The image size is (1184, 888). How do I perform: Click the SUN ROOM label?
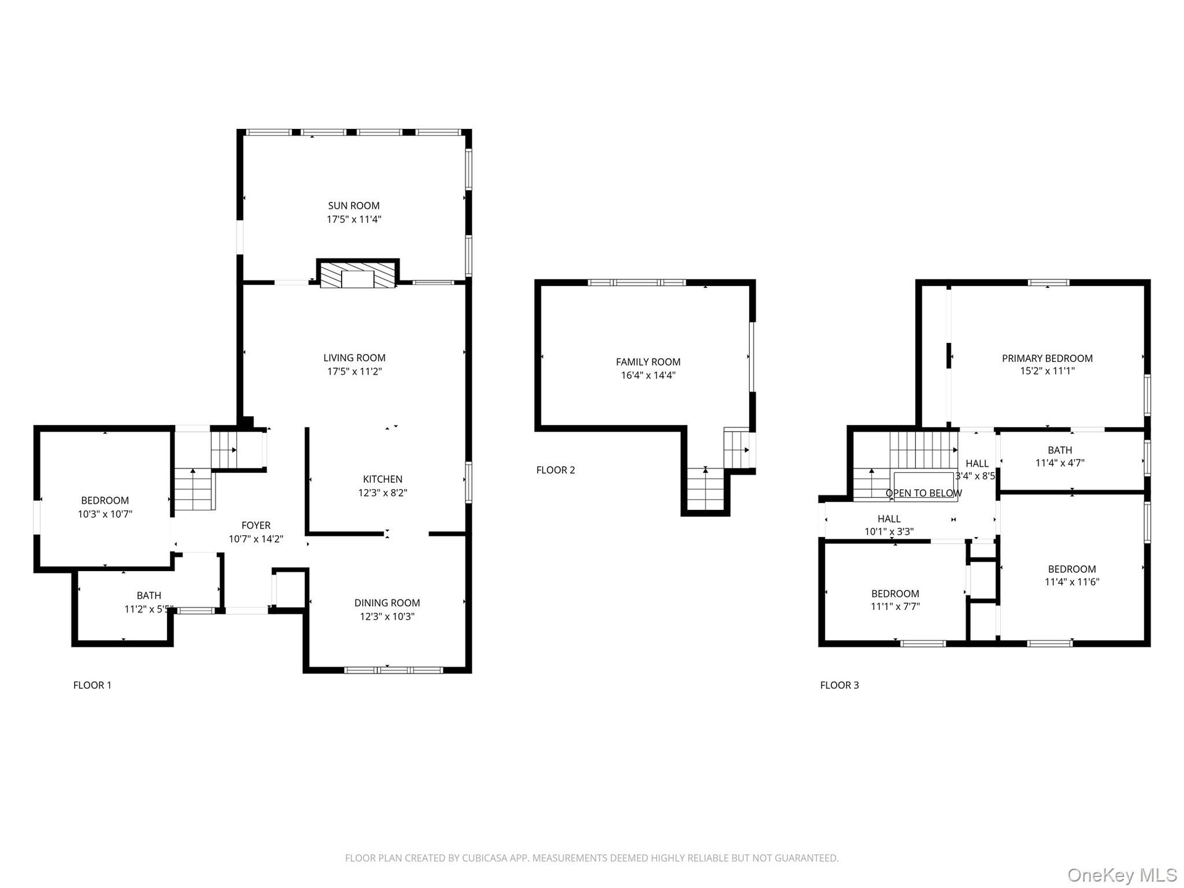click(354, 206)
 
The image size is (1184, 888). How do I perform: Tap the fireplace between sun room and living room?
click(358, 274)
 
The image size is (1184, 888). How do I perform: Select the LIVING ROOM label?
click(355, 358)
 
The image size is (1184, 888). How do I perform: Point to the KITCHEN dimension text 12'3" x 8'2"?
click(383, 493)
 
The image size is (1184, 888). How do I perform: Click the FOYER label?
click(256, 525)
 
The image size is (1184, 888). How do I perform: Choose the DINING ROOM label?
click(387, 603)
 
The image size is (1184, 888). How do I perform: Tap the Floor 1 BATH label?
click(149, 596)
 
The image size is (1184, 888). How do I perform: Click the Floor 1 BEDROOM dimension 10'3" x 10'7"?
click(105, 514)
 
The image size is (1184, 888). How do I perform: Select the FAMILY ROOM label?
click(648, 362)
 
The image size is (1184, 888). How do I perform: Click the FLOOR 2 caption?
click(556, 470)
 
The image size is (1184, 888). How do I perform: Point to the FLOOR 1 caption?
click(92, 685)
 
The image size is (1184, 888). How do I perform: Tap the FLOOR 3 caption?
click(839, 685)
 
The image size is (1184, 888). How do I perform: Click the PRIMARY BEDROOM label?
click(1047, 358)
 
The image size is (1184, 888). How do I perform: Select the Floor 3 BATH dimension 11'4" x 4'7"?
click(1060, 462)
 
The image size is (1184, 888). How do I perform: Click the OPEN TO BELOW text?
click(924, 493)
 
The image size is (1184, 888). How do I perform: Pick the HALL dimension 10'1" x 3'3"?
click(889, 532)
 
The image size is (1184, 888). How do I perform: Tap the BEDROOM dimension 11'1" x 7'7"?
click(895, 606)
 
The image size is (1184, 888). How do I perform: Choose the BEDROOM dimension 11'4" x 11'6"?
click(1072, 582)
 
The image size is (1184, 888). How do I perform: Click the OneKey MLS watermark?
click(1122, 875)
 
